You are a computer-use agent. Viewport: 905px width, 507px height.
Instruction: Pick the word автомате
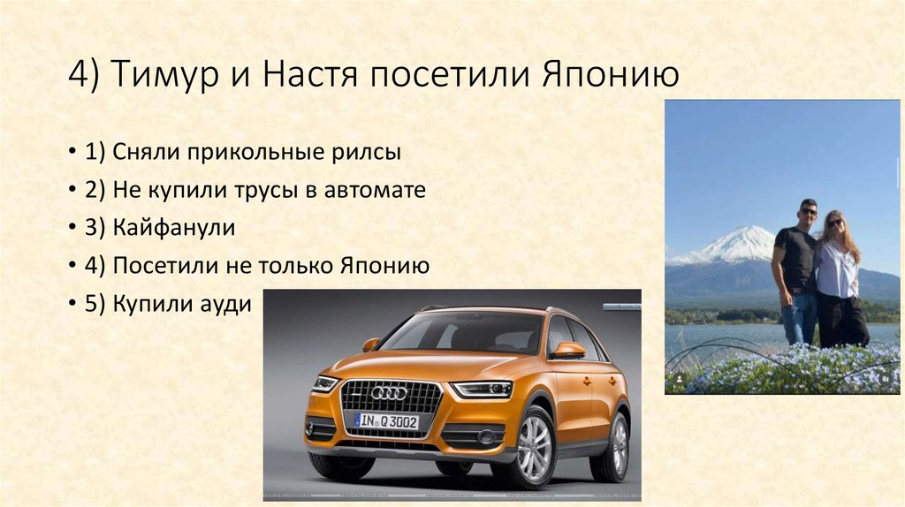click(x=382, y=190)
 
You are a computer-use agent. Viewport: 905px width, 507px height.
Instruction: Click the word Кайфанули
click(x=173, y=228)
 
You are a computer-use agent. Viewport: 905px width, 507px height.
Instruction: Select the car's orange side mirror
click(x=567, y=350)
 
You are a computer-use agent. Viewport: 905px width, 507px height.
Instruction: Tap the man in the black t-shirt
click(x=795, y=269)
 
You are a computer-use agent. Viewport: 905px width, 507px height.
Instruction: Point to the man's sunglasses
click(x=808, y=212)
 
